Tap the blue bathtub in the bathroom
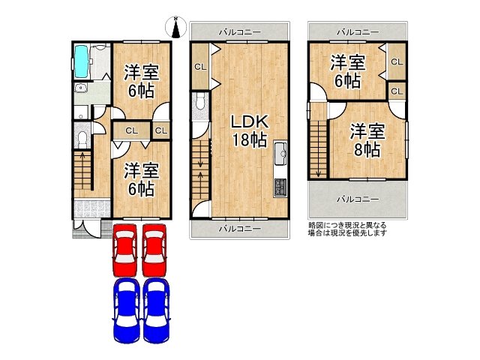(82, 61)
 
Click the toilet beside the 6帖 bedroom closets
(81, 140)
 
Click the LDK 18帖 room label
(248, 130)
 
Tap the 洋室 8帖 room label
(367, 140)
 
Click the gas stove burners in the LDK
(280, 184)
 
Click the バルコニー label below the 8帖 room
(357, 199)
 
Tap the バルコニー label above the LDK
(240, 32)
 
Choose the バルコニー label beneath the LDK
(240, 228)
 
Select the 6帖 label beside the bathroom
(141, 81)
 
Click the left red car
(125, 250)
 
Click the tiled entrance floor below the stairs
(91, 208)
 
